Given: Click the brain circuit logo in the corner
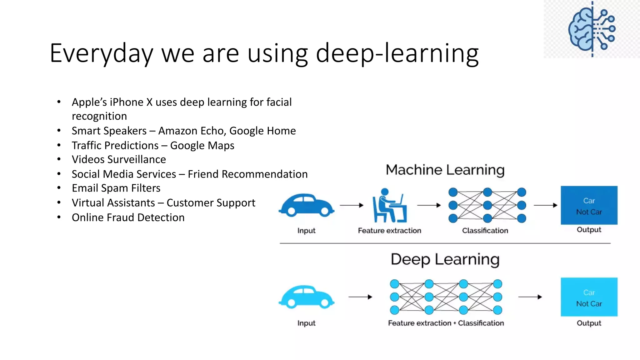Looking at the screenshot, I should click(592, 29).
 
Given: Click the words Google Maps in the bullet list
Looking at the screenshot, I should click(202, 146).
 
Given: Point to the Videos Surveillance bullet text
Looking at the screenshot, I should click(119, 160).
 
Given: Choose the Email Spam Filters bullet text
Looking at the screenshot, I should click(116, 188).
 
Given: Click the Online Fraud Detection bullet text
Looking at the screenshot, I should click(128, 217).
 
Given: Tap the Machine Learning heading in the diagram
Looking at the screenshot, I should click(445, 170).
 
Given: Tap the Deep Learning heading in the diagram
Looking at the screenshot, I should click(445, 259).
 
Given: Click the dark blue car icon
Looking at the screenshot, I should click(306, 205).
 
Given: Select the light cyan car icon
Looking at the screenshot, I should click(306, 297).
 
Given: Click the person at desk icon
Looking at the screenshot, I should click(389, 206).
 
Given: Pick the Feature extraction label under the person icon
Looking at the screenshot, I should click(389, 231).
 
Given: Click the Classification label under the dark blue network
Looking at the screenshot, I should click(485, 231).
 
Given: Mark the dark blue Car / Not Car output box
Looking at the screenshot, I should click(589, 205).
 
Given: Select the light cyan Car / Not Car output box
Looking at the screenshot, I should click(589, 297).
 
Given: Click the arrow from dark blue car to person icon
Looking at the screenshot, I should click(352, 205).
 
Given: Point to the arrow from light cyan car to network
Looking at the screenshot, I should click(360, 297).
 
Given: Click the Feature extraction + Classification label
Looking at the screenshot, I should click(446, 323).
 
